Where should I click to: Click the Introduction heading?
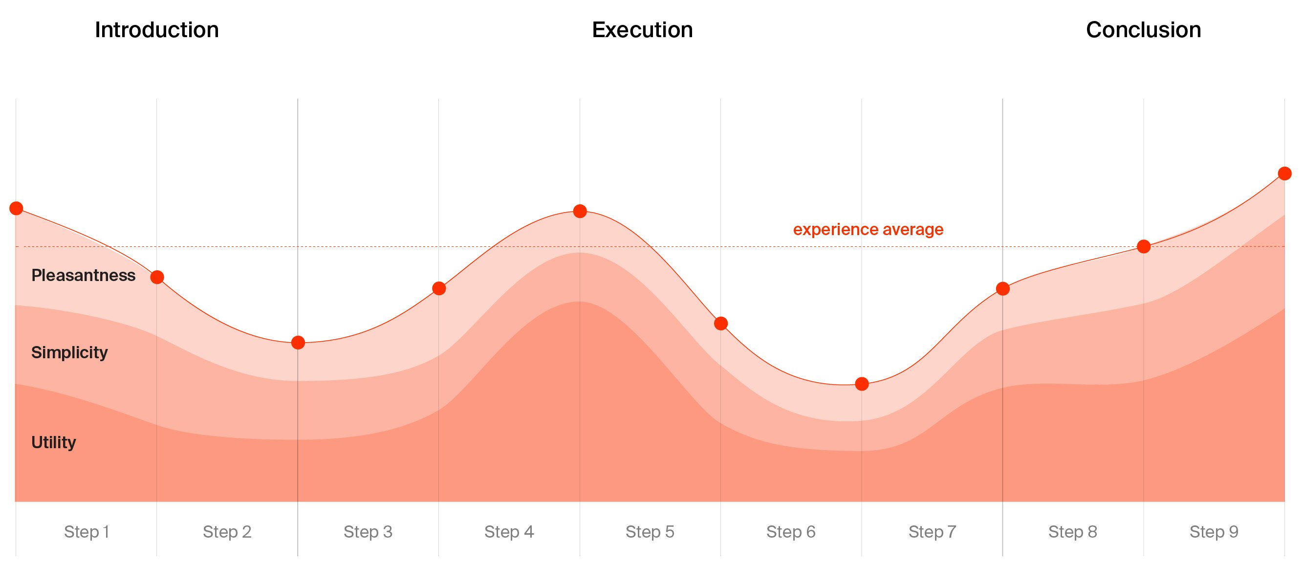(x=156, y=30)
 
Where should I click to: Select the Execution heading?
(x=642, y=30)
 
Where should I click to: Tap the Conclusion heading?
(x=1143, y=30)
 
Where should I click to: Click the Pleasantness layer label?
(x=84, y=275)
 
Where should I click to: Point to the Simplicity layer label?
(x=69, y=352)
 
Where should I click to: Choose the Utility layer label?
(x=54, y=442)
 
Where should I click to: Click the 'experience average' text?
(x=868, y=229)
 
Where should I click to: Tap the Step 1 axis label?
(x=87, y=532)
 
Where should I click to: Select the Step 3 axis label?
(x=368, y=532)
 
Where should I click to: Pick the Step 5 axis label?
(x=650, y=532)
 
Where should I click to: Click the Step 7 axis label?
(x=932, y=532)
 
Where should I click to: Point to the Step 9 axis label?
(x=1214, y=532)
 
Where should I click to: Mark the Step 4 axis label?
(x=509, y=532)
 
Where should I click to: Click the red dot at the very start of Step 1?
(x=16, y=208)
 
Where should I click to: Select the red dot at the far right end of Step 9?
(x=1284, y=174)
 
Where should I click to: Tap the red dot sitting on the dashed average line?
(x=1144, y=246)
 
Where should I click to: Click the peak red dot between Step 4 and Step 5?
(x=580, y=211)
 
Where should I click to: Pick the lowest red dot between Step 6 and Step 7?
(x=862, y=384)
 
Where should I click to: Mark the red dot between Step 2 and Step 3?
(x=298, y=343)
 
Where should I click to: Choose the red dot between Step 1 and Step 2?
(x=157, y=277)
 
